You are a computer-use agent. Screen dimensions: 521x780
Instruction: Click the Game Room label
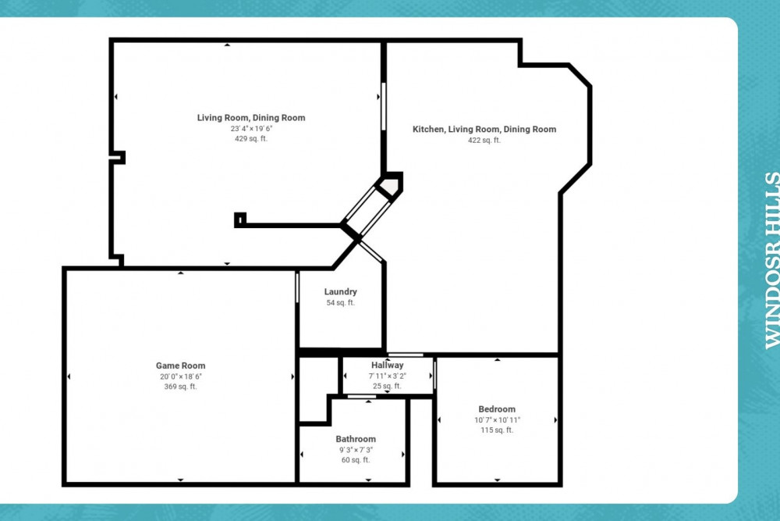click(x=180, y=366)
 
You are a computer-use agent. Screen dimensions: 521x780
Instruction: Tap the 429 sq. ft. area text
click(x=250, y=138)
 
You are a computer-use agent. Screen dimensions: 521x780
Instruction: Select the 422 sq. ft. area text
click(x=484, y=141)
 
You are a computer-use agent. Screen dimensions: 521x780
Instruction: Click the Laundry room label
click(x=340, y=292)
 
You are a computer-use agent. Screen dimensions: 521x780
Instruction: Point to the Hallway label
click(x=387, y=365)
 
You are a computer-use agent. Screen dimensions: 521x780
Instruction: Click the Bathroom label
click(x=356, y=439)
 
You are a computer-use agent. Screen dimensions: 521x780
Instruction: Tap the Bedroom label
click(x=497, y=409)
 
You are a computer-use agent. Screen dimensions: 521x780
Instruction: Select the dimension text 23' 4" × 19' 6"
click(x=250, y=128)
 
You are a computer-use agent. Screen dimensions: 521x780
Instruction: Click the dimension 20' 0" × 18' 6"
click(x=180, y=376)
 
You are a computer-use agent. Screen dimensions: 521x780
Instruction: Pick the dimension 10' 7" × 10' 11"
click(x=497, y=420)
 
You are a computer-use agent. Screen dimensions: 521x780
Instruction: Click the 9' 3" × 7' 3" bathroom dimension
click(x=356, y=450)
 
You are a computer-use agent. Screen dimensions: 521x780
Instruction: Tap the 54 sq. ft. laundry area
click(x=340, y=302)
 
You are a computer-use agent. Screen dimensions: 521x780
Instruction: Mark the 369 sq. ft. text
click(x=180, y=387)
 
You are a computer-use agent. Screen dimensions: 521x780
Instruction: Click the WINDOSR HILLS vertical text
click(x=771, y=260)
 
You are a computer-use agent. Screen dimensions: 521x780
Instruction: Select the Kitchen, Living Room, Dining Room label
click(x=484, y=130)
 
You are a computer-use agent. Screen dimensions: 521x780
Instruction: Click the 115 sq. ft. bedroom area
click(x=497, y=430)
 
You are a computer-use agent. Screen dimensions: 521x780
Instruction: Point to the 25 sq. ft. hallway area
click(x=387, y=386)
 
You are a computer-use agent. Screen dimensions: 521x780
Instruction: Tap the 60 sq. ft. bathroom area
click(x=356, y=460)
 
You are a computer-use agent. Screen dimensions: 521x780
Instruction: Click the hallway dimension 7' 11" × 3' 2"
click(x=387, y=376)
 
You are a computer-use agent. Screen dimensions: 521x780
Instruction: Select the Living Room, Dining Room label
click(x=250, y=118)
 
